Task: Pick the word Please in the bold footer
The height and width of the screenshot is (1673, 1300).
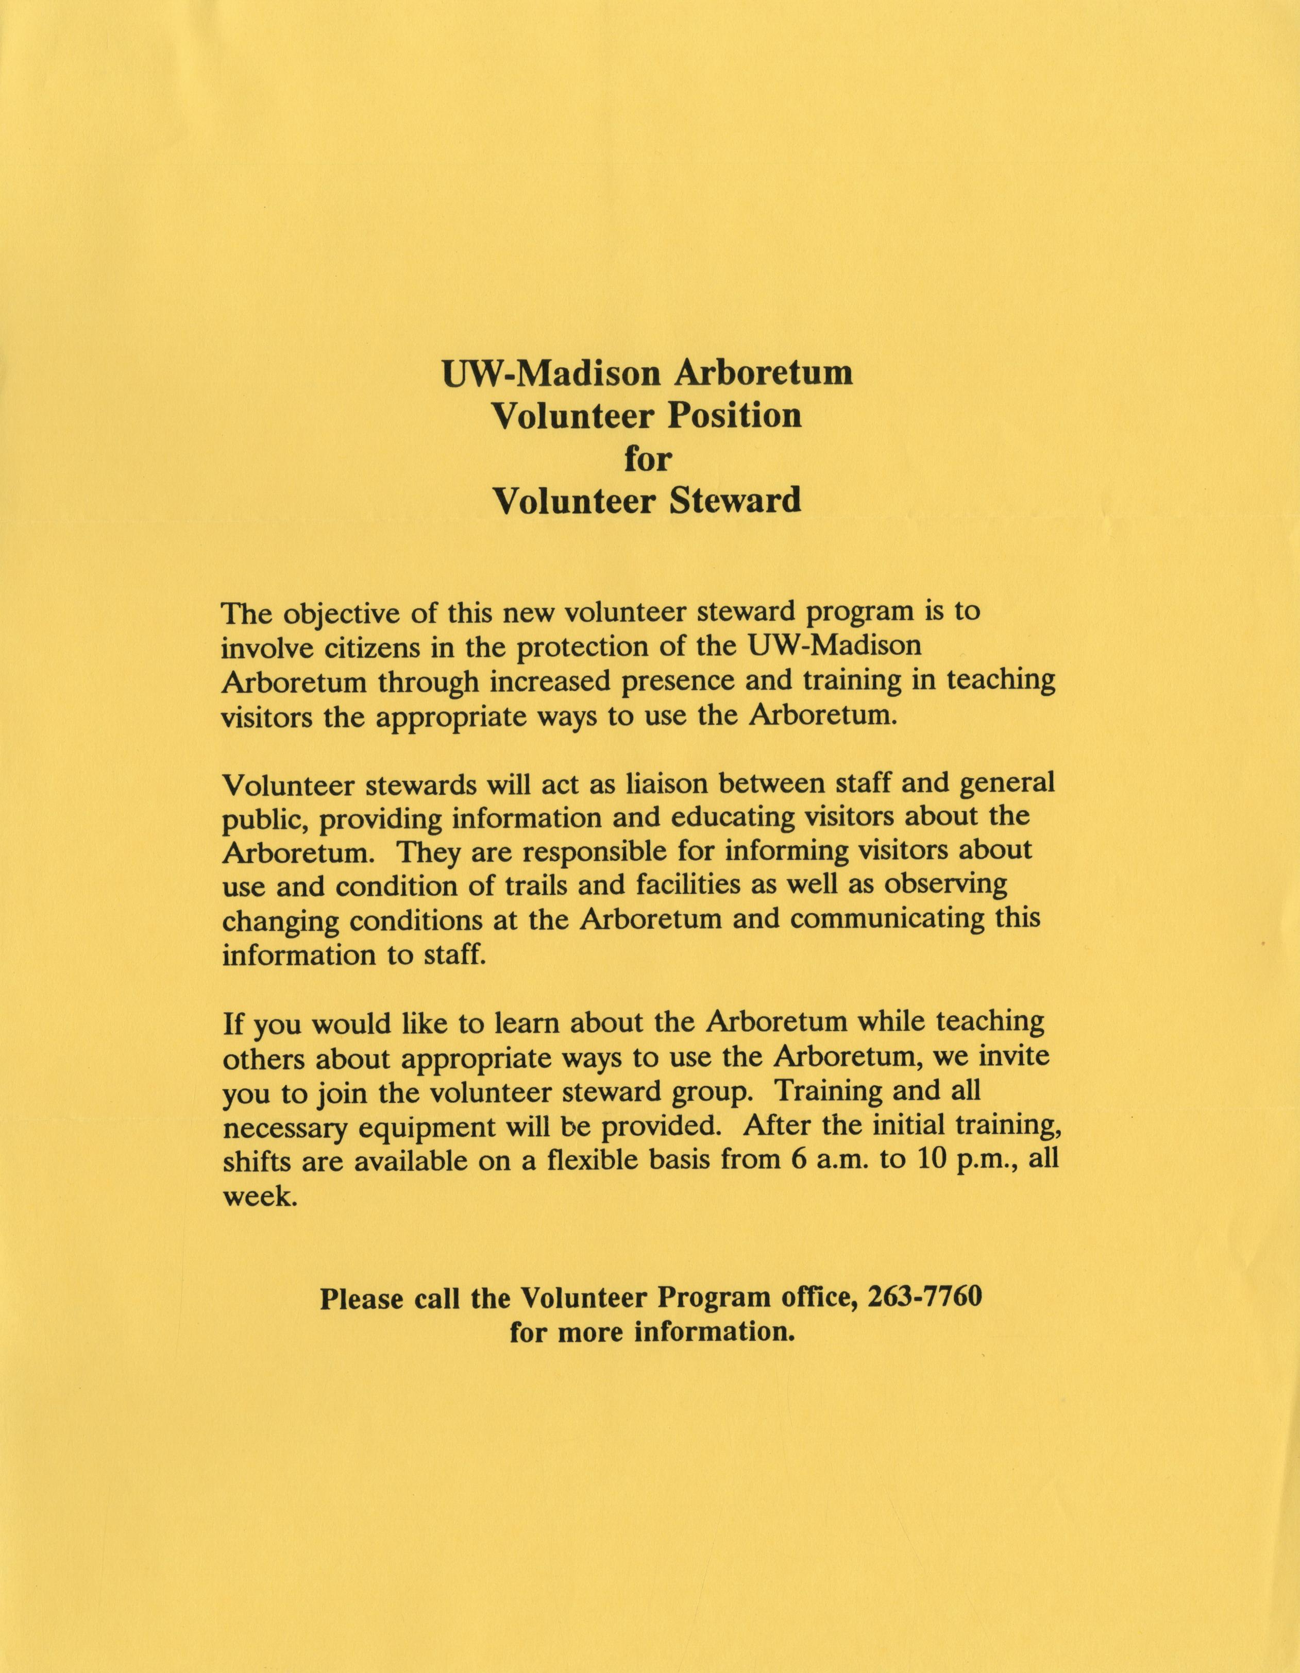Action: (361, 1298)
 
